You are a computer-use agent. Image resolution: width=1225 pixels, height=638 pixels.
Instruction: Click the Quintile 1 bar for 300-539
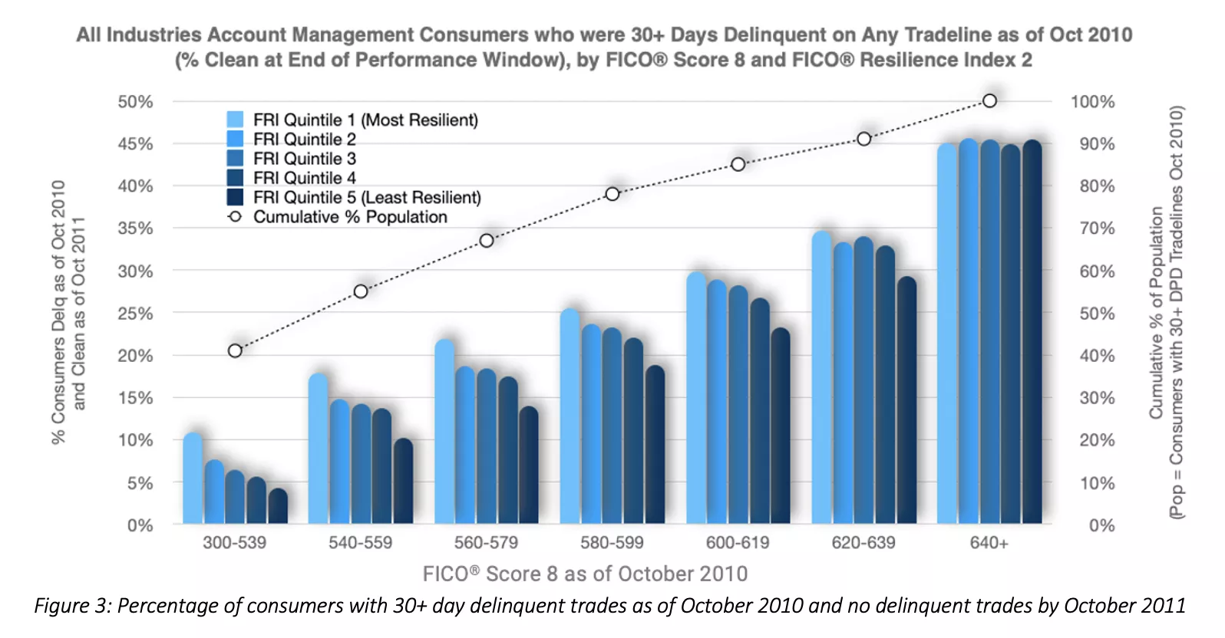(x=193, y=479)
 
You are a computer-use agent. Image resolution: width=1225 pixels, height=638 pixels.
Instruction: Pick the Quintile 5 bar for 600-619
(x=781, y=426)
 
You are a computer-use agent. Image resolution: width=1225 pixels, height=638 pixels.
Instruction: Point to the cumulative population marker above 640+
(x=989, y=100)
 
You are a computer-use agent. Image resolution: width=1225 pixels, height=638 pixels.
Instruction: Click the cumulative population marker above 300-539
(x=235, y=350)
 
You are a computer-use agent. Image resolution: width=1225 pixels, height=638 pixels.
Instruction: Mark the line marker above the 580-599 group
(x=612, y=194)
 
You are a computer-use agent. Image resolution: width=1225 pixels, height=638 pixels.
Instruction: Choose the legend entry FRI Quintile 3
(x=304, y=159)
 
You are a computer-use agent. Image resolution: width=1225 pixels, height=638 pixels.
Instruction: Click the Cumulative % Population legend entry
(x=349, y=217)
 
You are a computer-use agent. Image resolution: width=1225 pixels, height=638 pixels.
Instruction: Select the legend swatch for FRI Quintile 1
(x=235, y=120)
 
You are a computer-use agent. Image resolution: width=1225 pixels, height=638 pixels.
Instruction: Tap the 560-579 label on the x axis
(x=486, y=543)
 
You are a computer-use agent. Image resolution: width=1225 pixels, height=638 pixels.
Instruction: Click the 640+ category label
(x=989, y=543)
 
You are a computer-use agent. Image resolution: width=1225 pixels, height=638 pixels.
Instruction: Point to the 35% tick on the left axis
(x=135, y=229)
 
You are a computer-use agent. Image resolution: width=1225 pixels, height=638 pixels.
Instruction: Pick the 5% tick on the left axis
(x=140, y=484)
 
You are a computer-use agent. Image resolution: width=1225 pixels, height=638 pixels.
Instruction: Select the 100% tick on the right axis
(x=1092, y=102)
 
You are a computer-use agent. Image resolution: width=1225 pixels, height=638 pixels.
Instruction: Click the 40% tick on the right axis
(x=1097, y=356)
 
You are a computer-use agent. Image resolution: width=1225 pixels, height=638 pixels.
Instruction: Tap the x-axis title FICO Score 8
(x=585, y=574)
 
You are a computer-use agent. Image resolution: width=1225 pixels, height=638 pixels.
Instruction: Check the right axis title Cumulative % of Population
(x=1156, y=313)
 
